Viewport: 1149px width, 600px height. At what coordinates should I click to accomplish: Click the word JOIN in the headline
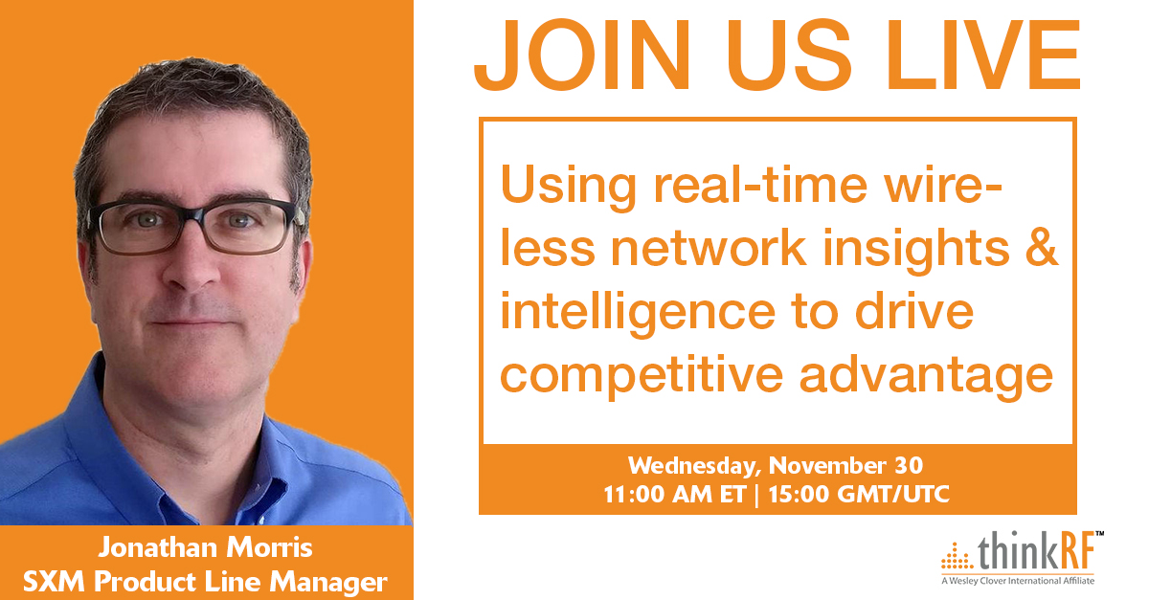582,55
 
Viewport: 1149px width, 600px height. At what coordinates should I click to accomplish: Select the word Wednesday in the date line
692,467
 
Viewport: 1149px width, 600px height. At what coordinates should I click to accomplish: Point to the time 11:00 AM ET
675,495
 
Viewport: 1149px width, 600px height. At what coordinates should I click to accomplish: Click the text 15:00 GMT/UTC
859,495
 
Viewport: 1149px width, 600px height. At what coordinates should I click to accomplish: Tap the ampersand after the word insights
1042,247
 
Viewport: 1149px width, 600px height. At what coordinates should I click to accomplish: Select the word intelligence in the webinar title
638,312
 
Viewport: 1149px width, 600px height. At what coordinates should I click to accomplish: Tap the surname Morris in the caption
269,547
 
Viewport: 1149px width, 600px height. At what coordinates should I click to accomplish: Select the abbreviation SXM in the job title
54,582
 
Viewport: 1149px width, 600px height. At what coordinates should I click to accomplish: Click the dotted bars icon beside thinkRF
957,556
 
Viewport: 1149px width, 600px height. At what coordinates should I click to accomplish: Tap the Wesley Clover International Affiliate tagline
1018,581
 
